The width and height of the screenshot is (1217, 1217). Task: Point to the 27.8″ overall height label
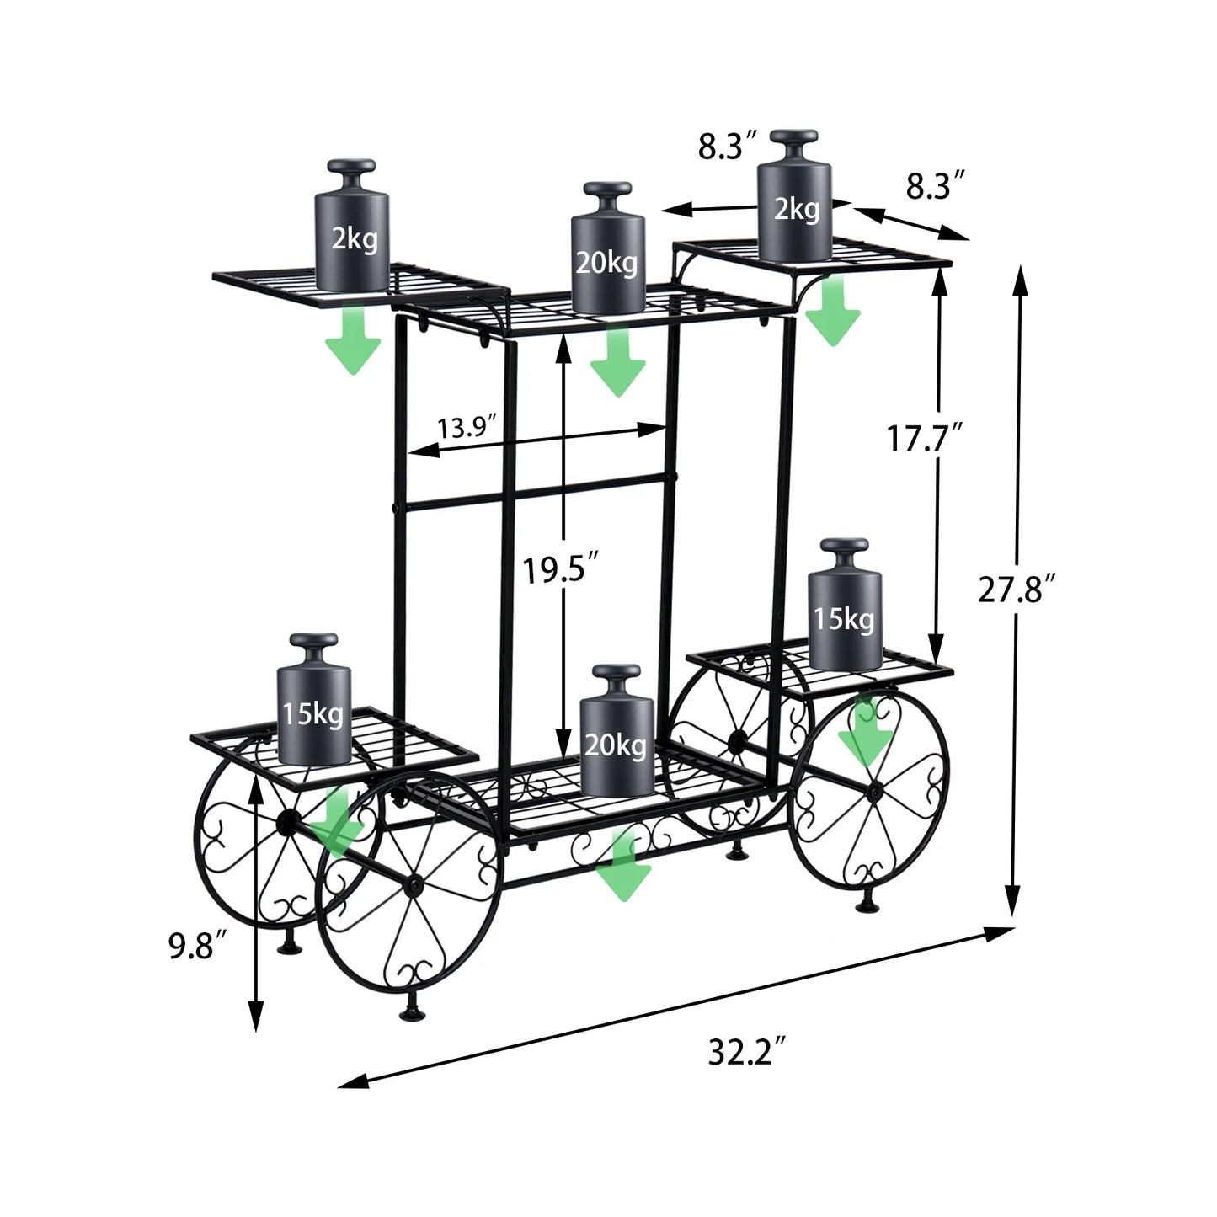[x=1017, y=590]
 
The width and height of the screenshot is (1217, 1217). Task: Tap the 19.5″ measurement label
[x=559, y=571]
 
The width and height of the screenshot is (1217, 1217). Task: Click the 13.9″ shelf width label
[x=467, y=428]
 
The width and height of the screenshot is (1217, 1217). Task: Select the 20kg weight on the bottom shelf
[x=617, y=730]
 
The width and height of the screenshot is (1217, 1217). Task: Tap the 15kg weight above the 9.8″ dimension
[x=314, y=698]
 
